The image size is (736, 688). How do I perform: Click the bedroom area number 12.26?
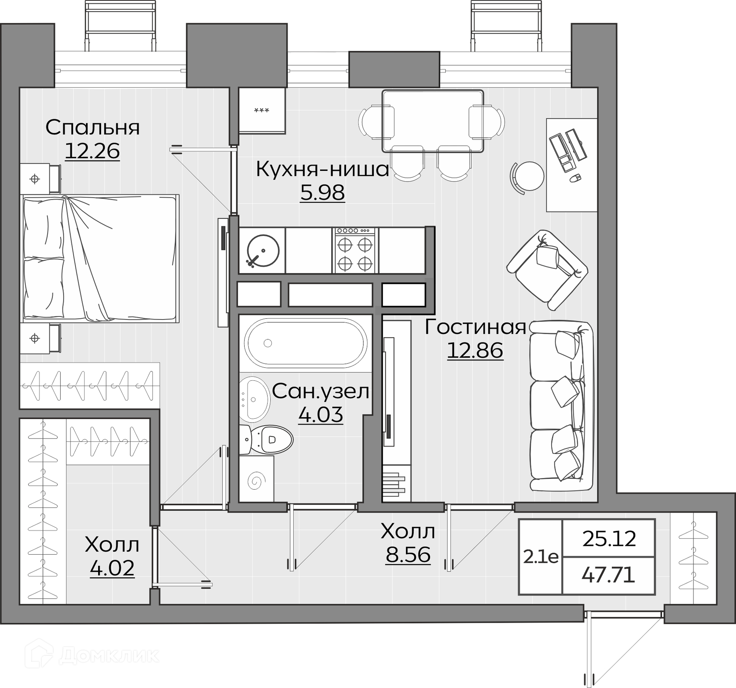(x=92, y=151)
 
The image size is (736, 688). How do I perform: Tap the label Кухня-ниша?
(x=322, y=169)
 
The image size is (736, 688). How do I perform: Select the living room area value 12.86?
(x=475, y=350)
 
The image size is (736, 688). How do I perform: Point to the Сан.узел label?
(x=321, y=392)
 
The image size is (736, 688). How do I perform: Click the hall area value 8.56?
(x=408, y=554)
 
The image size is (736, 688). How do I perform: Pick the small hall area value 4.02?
(x=112, y=568)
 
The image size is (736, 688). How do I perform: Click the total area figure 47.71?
(x=608, y=575)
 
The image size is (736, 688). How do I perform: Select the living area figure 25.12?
(x=609, y=539)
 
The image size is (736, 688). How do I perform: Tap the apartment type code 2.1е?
(x=541, y=557)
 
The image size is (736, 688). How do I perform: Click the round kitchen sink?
(x=263, y=251)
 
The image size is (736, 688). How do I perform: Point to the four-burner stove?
(x=355, y=251)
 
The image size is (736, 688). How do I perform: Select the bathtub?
(x=306, y=343)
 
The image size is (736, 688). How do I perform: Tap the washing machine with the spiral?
(x=256, y=479)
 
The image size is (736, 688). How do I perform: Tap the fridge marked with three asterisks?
(x=262, y=111)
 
